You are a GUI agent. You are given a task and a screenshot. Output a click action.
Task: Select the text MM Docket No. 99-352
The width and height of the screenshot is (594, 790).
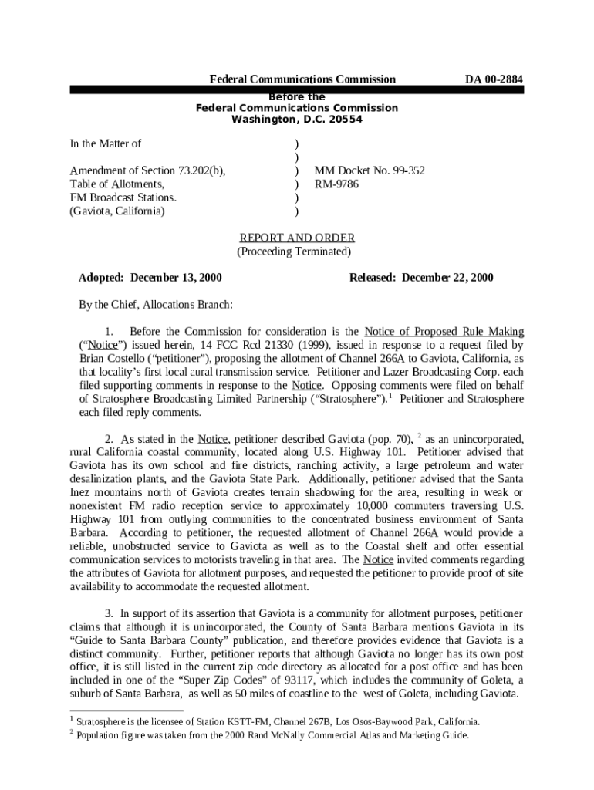pos(369,170)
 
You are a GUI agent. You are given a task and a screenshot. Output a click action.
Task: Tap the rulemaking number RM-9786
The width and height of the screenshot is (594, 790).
pos(336,184)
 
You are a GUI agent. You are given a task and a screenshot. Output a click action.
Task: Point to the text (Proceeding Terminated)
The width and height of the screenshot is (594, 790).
pos(294,252)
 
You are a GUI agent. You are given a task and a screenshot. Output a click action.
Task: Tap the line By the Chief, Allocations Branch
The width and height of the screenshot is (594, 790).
pos(156,305)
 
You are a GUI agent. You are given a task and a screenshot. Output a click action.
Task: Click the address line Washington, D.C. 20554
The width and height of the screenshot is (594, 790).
pos(297,120)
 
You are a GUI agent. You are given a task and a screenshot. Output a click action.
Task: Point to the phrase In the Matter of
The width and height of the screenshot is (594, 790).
pos(106,143)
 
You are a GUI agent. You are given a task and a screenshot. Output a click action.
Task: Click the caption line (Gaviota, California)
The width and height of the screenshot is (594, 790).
pos(116,211)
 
